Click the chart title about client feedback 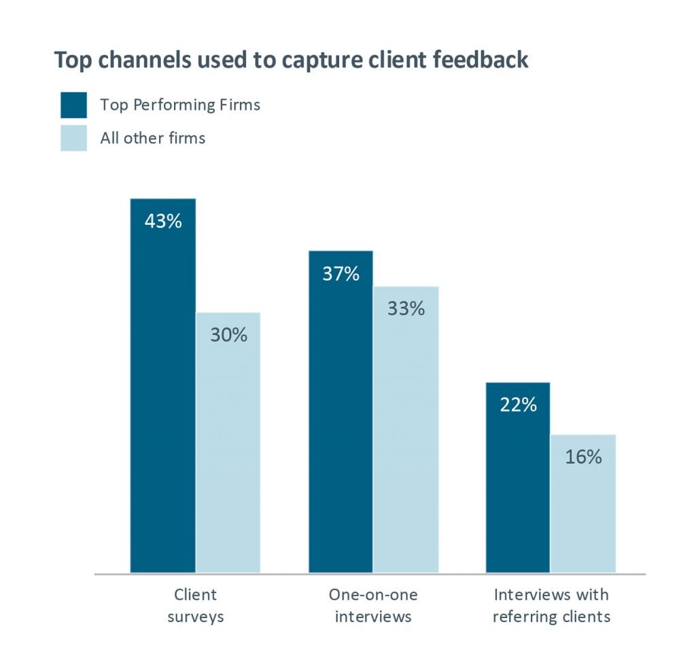pyautogui.click(x=291, y=60)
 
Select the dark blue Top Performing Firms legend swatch pyautogui.click(x=73, y=105)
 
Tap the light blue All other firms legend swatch pyautogui.click(x=73, y=138)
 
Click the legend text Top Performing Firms pyautogui.click(x=180, y=105)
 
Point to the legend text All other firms pyautogui.click(x=153, y=138)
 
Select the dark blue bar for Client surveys pyautogui.click(x=163, y=394)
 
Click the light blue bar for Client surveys pyautogui.click(x=228, y=448)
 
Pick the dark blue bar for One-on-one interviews pyautogui.click(x=341, y=421)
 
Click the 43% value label pyautogui.click(x=163, y=221)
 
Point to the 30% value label pyautogui.click(x=228, y=335)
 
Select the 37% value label pyautogui.click(x=341, y=274)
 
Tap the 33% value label pyautogui.click(x=406, y=308)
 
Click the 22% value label pyautogui.click(x=518, y=405)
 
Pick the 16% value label pyautogui.click(x=583, y=456)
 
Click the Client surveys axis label pyautogui.click(x=196, y=605)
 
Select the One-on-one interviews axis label pyautogui.click(x=373, y=605)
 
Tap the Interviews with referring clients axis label pyautogui.click(x=551, y=605)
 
